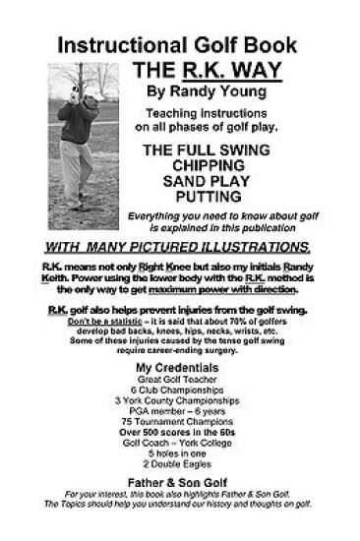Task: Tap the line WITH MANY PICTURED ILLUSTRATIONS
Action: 179,246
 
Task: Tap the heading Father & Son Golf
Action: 179,488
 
